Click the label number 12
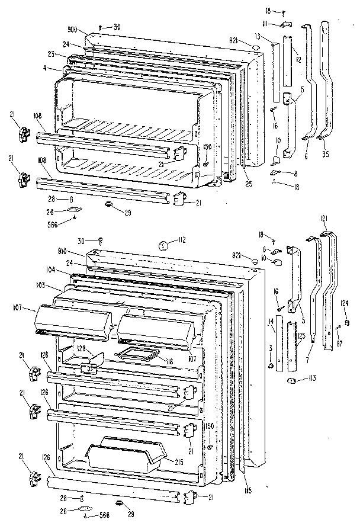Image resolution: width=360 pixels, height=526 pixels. (299, 59)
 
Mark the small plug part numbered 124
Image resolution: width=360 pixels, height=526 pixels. (346, 322)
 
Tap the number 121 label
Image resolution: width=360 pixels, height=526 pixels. (324, 219)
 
